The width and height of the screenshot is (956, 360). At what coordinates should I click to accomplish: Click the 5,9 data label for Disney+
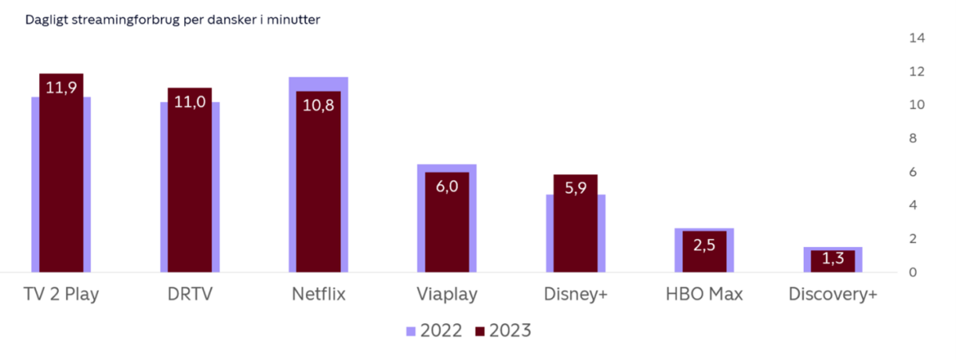click(575, 188)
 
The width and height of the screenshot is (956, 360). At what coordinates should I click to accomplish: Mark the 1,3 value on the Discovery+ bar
click(833, 258)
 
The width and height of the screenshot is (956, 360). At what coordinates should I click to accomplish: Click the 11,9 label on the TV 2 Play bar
click(61, 87)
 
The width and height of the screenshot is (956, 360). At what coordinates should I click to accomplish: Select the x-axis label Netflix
click(319, 294)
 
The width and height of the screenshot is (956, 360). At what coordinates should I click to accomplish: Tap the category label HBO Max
click(704, 294)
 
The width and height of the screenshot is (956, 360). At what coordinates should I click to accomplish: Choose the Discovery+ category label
click(833, 294)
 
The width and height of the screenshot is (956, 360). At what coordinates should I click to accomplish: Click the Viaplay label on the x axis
click(447, 295)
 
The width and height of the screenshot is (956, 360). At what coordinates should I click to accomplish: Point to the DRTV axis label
click(190, 294)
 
